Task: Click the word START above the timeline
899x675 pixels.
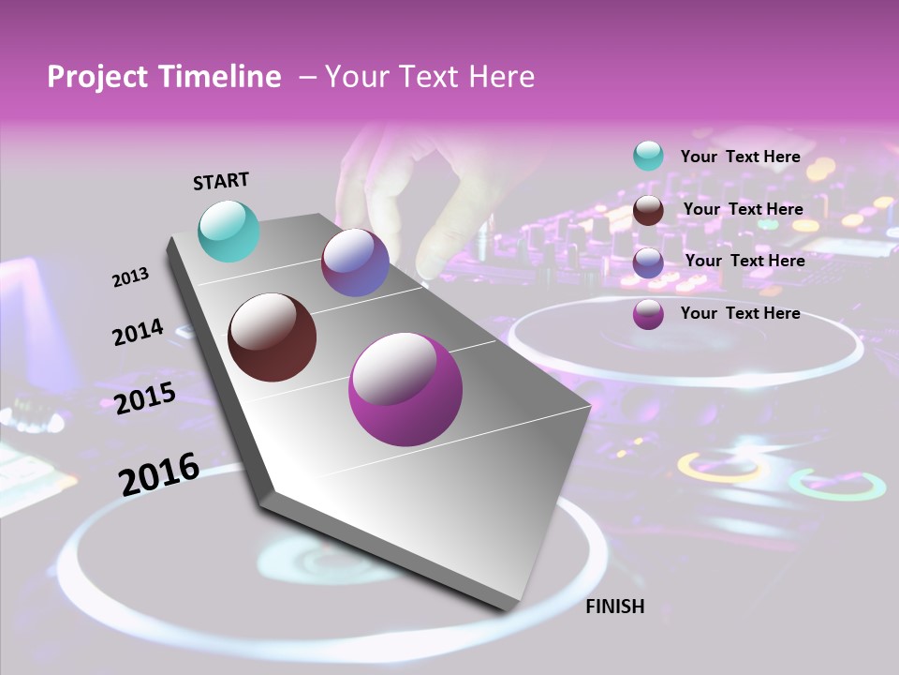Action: [x=221, y=181]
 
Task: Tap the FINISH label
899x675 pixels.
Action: [x=614, y=607]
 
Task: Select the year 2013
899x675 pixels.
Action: [x=130, y=277]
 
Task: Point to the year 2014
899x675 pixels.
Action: [x=138, y=332]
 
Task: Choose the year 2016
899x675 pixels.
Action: [x=159, y=473]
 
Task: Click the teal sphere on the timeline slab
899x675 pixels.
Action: [x=228, y=231]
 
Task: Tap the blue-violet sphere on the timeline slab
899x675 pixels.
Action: [x=355, y=262]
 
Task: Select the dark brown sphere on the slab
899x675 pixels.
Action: [x=272, y=337]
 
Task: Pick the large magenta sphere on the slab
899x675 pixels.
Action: [x=405, y=389]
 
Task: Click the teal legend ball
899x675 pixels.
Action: [x=648, y=156]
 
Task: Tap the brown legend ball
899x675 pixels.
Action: [x=648, y=209]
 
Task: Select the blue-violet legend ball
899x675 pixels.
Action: [x=648, y=262]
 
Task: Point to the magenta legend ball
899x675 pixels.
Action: [x=648, y=314]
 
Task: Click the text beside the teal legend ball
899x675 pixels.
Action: [x=740, y=157]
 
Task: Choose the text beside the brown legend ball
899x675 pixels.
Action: [x=743, y=209]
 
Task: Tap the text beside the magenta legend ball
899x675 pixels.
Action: [x=740, y=313]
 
